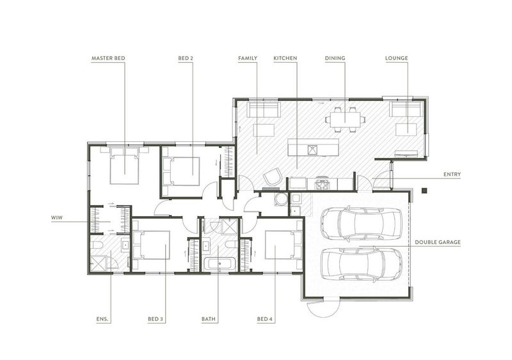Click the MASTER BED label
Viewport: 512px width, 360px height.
coord(108,58)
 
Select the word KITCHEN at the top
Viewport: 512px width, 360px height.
coord(285,58)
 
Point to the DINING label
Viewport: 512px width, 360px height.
coord(334,58)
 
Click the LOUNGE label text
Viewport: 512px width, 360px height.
coord(396,58)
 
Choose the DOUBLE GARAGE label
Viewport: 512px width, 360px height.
coord(437,242)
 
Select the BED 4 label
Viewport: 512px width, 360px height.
coord(266,318)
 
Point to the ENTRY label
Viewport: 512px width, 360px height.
coord(452,174)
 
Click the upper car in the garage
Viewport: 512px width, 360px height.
coord(362,223)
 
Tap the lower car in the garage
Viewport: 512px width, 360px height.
coord(362,262)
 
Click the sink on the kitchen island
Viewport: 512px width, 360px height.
coord(313,150)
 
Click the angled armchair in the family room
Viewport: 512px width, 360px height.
coord(273,176)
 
